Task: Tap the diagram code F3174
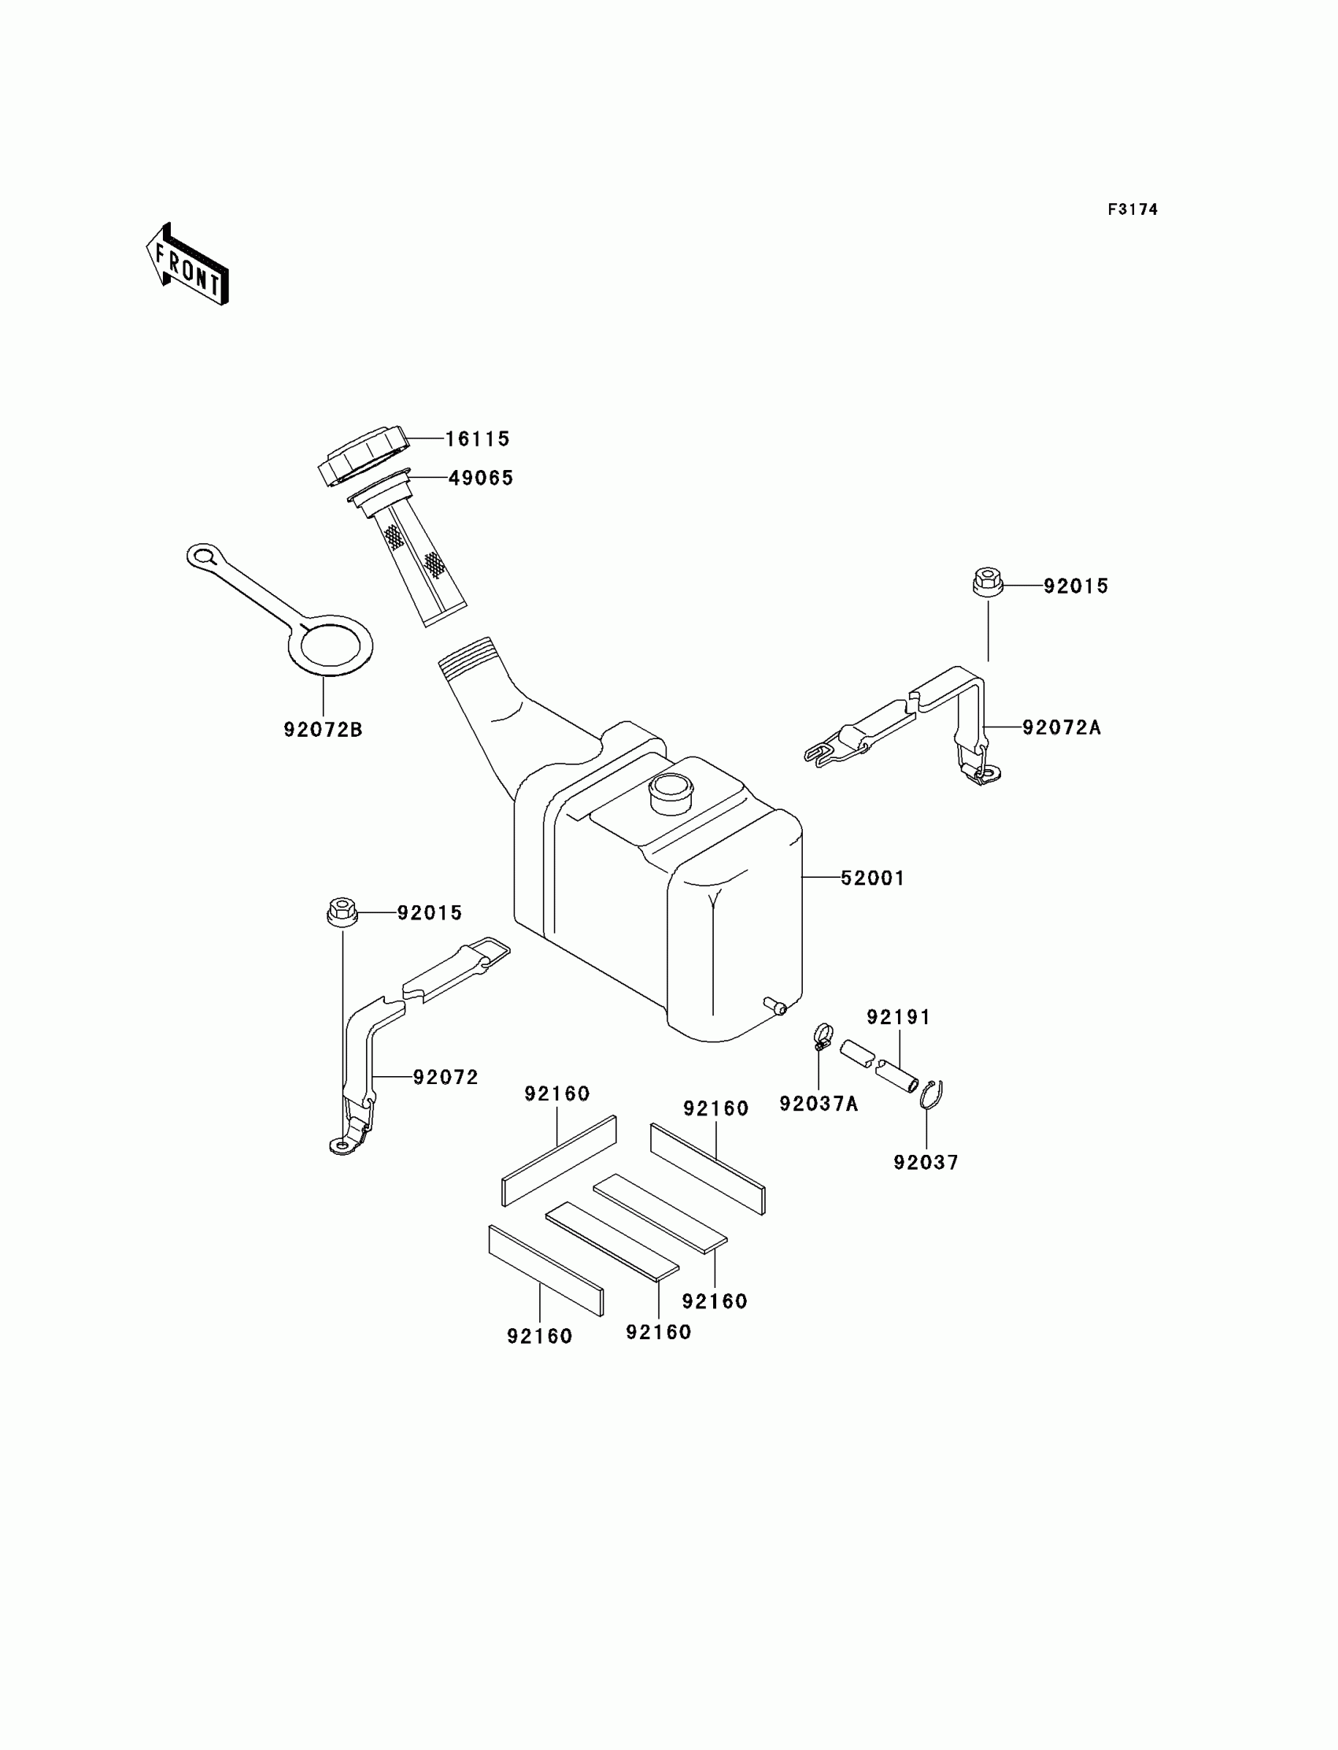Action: (1132, 209)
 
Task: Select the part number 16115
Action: (476, 439)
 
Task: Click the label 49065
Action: (480, 478)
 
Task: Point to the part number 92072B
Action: (323, 729)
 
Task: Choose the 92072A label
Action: (1061, 727)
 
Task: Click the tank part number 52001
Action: (873, 878)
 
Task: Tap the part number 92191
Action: (898, 1017)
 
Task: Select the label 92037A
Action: (818, 1104)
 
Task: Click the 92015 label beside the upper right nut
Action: (1075, 586)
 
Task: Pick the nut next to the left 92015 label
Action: (342, 912)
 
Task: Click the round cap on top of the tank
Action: (671, 792)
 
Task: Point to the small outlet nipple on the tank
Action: (775, 1006)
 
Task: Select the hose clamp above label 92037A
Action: (822, 1036)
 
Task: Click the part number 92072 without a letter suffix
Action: (445, 1077)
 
